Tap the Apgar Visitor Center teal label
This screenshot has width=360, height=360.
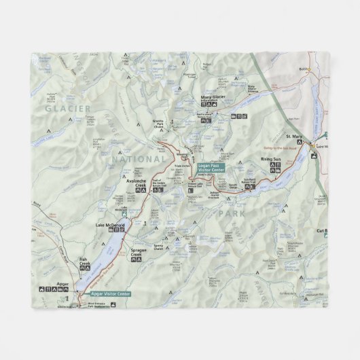(109, 293)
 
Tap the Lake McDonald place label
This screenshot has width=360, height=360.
(111, 225)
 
